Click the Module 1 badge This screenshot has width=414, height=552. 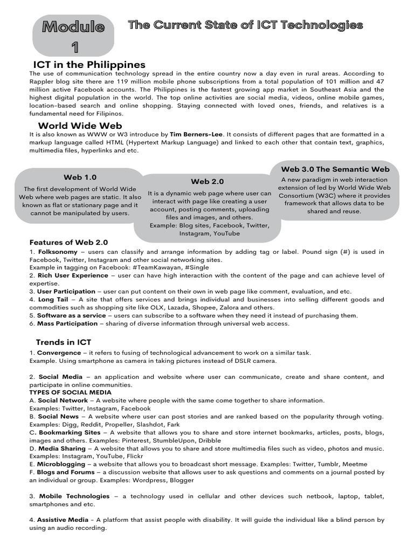pyautogui.click(x=73, y=37)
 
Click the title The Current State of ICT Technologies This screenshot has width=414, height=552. pyautogui.click(x=245, y=25)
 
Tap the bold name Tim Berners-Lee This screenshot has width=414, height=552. pyautogui.click(x=195, y=134)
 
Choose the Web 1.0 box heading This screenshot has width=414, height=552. pyautogui.click(x=80, y=177)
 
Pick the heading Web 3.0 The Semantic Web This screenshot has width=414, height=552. pyautogui.click(x=335, y=169)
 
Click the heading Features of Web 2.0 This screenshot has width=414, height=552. pyautogui.click(x=68, y=242)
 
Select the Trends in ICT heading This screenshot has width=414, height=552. pyautogui.click(x=64, y=342)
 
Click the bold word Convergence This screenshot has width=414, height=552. pyautogui.click(x=59, y=353)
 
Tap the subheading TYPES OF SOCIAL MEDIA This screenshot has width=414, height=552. pyautogui.click(x=70, y=392)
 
